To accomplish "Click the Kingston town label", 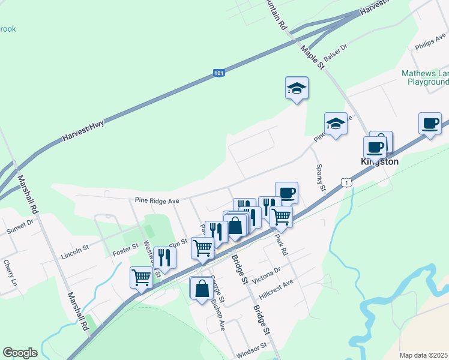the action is [379, 162].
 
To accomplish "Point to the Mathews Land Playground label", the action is [426, 77].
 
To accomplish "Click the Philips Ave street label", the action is [429, 43].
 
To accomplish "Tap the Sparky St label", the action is [321, 178].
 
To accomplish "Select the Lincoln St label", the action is [74, 252].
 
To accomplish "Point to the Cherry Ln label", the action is [9, 273].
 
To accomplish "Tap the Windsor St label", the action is [252, 347].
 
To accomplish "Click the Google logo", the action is [20, 352].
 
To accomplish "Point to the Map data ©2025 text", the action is [424, 355].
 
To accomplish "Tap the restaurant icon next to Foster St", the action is [164, 257].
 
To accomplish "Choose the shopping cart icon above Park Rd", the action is [281, 216].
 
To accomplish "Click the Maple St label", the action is [313, 57].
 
